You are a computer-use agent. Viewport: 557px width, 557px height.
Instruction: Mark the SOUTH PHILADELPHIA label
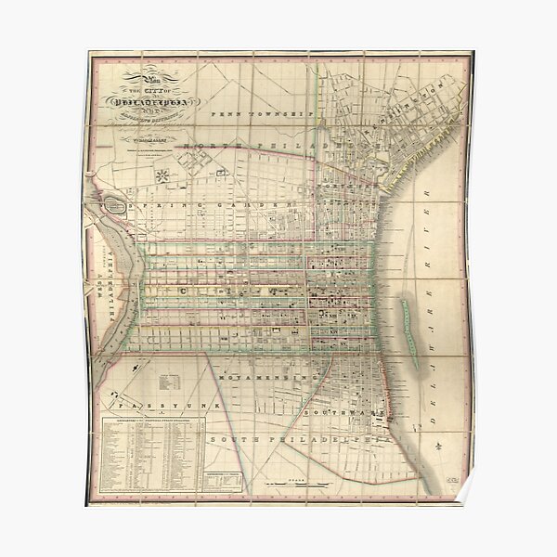(297, 436)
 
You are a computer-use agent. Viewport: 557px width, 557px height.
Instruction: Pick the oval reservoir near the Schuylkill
(119, 204)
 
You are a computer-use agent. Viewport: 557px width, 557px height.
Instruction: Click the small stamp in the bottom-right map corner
(449, 478)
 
